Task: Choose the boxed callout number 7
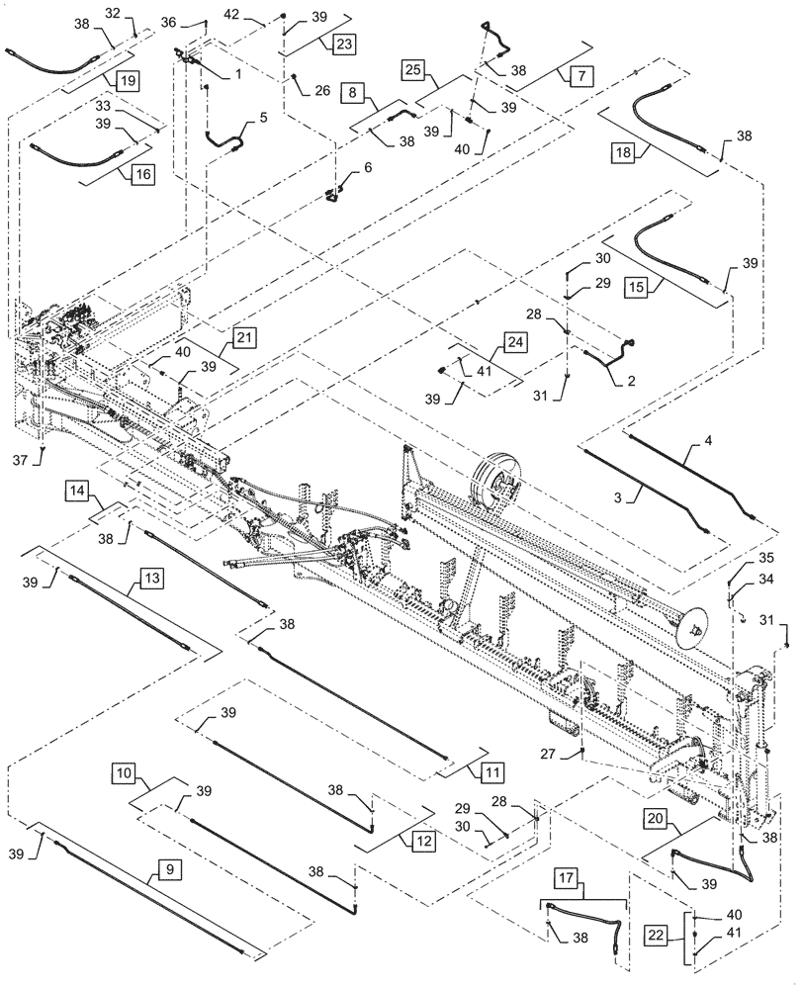click(x=579, y=74)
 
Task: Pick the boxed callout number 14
click(x=79, y=489)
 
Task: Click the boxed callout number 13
click(x=150, y=577)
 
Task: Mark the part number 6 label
click(x=367, y=167)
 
